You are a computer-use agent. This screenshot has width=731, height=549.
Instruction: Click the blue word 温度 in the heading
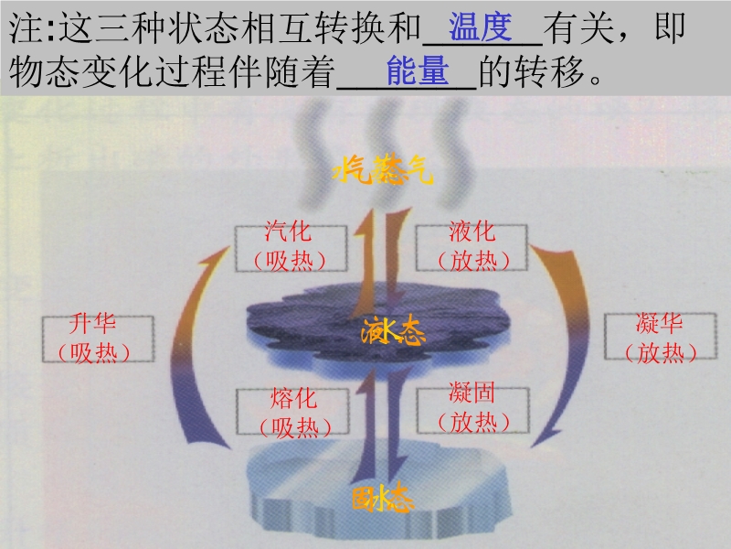pos(481,27)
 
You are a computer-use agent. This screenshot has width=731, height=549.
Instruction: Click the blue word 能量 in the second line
pos(418,70)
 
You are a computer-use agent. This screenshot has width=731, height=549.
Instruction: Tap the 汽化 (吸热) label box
pos(291,248)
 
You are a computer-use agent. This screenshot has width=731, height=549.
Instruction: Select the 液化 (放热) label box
pos(471,247)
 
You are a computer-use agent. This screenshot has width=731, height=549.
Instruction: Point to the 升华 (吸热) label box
pos(98,339)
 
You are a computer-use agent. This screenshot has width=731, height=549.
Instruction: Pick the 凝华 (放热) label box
pos(661,336)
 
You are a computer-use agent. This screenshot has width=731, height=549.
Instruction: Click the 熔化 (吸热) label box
pos(292,411)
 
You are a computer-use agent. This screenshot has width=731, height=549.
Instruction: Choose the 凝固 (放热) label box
pos(472,410)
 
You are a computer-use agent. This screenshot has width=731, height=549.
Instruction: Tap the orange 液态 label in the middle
pos(393,330)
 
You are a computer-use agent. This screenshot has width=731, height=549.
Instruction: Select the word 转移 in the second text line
pos(549,71)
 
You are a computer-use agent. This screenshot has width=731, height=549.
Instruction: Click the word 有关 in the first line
pos(579,27)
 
